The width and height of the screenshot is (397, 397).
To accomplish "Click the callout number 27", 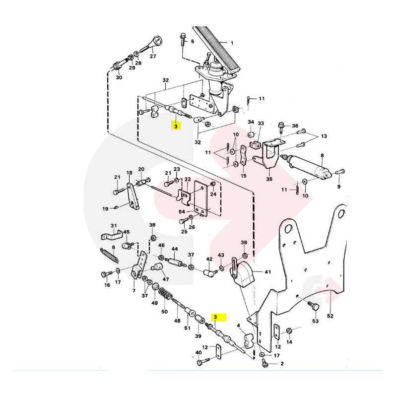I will click(x=152, y=56).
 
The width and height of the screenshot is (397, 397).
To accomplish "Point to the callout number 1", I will click(x=231, y=43).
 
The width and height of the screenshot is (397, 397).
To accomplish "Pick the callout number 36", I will click(x=295, y=126).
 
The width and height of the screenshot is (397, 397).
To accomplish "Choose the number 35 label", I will click(x=269, y=179).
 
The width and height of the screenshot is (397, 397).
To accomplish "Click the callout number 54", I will click(x=182, y=212).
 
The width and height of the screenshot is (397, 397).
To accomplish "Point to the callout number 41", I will click(x=267, y=272).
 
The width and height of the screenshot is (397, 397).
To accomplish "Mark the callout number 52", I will click(x=331, y=315).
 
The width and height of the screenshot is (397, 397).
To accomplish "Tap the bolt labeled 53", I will click(x=315, y=306).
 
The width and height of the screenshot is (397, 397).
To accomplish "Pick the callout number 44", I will click(x=174, y=249).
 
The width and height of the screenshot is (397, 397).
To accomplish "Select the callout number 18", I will click(x=130, y=173).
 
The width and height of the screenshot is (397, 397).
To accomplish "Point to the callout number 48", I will click(x=177, y=321).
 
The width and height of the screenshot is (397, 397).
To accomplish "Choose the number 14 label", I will click(x=290, y=342).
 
